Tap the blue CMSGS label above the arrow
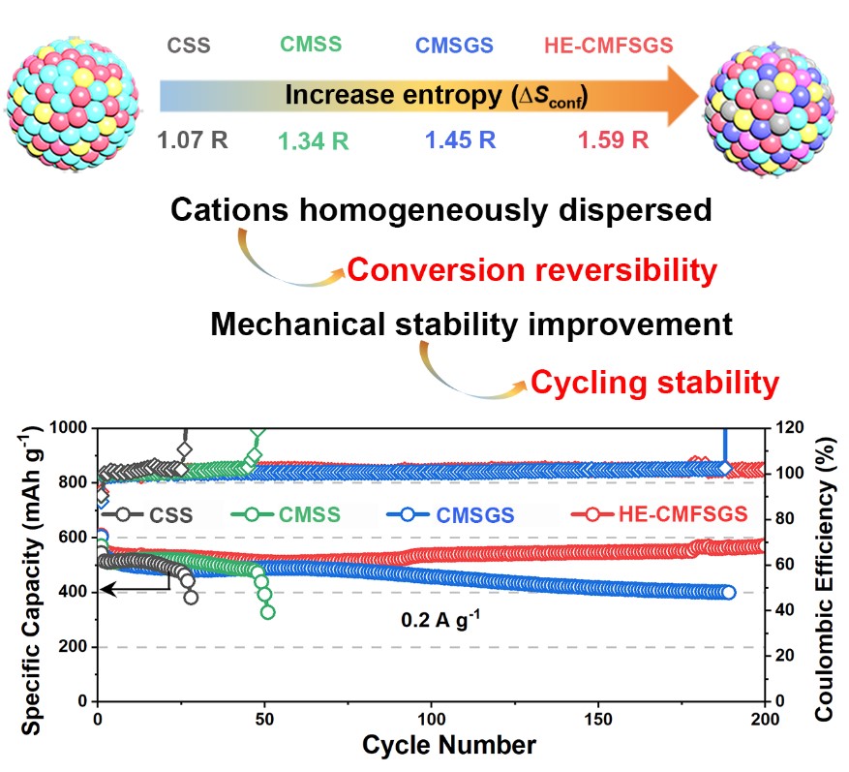tap(454, 45)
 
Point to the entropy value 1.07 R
tap(193, 139)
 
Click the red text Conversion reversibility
tap(531, 270)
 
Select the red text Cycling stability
tap(653, 384)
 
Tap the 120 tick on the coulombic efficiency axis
tap(783, 428)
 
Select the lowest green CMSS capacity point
tap(268, 611)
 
